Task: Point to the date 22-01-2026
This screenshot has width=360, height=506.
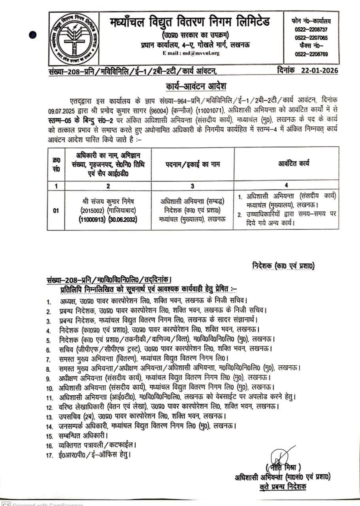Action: (319, 71)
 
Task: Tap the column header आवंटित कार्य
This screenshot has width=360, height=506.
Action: (288, 164)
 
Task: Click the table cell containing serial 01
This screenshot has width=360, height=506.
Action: (57, 210)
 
